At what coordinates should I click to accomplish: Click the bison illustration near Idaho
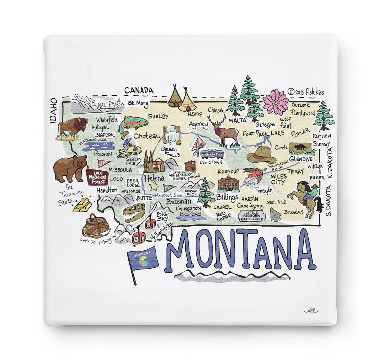click(72, 127)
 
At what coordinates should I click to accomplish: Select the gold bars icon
click(82, 205)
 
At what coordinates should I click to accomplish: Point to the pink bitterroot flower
click(276, 102)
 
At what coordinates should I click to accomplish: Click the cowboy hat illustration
click(261, 154)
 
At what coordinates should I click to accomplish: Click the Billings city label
click(227, 197)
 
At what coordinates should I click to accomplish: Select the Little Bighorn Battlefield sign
click(252, 216)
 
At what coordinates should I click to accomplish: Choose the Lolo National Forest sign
click(97, 176)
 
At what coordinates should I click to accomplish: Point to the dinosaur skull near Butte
click(134, 212)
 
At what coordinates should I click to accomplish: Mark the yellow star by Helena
click(154, 186)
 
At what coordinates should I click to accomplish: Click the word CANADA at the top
click(139, 90)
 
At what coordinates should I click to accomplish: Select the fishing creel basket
click(95, 226)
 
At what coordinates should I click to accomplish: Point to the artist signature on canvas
click(311, 310)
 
